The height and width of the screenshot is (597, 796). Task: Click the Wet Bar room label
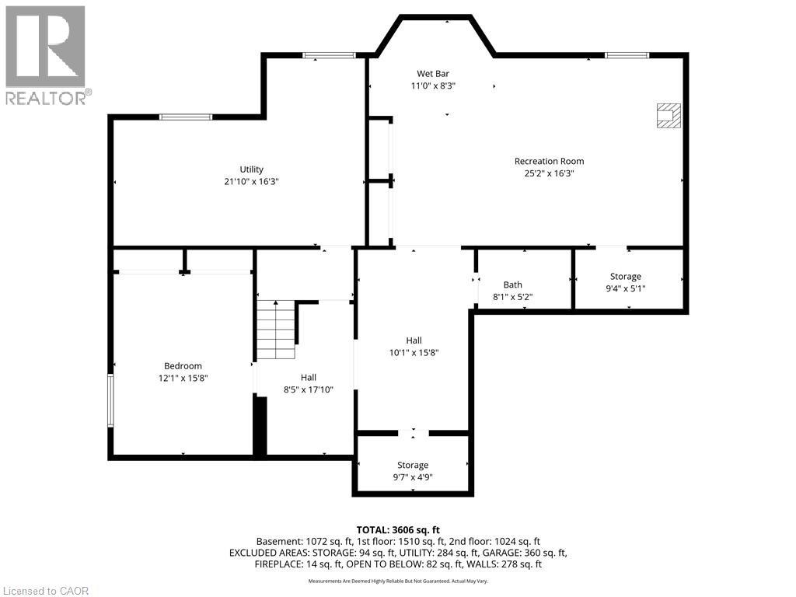click(x=433, y=74)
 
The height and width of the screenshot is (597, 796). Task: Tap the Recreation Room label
click(x=549, y=161)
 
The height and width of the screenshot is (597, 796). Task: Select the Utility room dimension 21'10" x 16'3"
click(x=251, y=181)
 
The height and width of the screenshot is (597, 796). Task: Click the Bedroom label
click(x=183, y=366)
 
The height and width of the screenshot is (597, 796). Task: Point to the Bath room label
click(x=512, y=285)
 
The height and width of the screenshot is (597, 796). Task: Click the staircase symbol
click(x=277, y=330)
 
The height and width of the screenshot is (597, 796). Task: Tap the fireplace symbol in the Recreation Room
click(x=668, y=116)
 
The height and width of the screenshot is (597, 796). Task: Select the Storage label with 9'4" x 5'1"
click(x=626, y=277)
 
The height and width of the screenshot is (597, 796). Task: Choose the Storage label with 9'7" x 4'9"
click(x=413, y=465)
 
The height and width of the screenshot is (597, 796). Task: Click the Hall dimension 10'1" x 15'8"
click(x=414, y=352)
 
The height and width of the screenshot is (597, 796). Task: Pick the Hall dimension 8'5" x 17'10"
click(x=308, y=389)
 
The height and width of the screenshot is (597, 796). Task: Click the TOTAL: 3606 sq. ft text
click(x=398, y=529)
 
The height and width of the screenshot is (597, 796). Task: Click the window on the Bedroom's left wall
click(x=111, y=400)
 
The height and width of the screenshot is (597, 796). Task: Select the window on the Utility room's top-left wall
click(x=186, y=117)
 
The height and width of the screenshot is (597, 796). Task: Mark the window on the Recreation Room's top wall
click(x=627, y=55)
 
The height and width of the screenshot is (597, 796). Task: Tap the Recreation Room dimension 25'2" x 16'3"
click(x=549, y=173)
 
